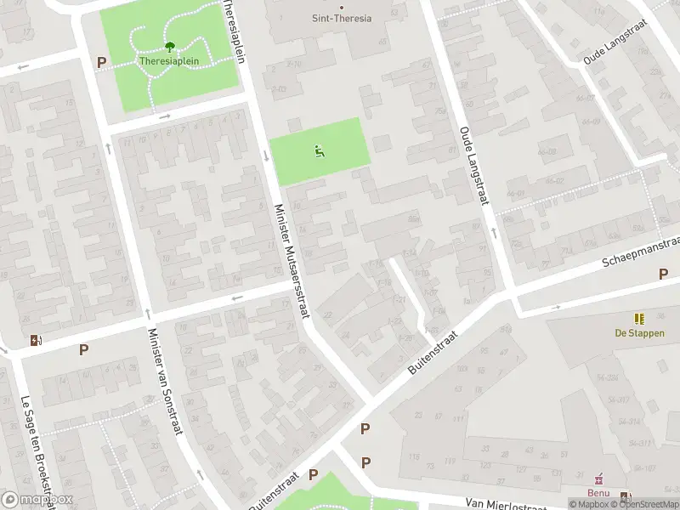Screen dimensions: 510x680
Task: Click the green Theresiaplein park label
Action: click(168, 62)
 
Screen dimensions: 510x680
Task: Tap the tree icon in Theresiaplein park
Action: click(169, 48)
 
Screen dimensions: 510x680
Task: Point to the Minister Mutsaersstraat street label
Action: click(291, 262)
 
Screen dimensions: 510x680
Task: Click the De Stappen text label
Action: click(639, 333)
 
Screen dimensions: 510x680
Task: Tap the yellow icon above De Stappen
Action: click(639, 319)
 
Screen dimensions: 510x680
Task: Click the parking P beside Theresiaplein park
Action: click(102, 62)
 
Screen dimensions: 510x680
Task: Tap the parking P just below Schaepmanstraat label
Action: click(663, 274)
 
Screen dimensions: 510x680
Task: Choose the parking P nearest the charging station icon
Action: click(83, 349)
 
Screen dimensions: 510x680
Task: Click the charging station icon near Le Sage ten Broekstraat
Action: click(35, 341)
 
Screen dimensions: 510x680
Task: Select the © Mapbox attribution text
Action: click(589, 504)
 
